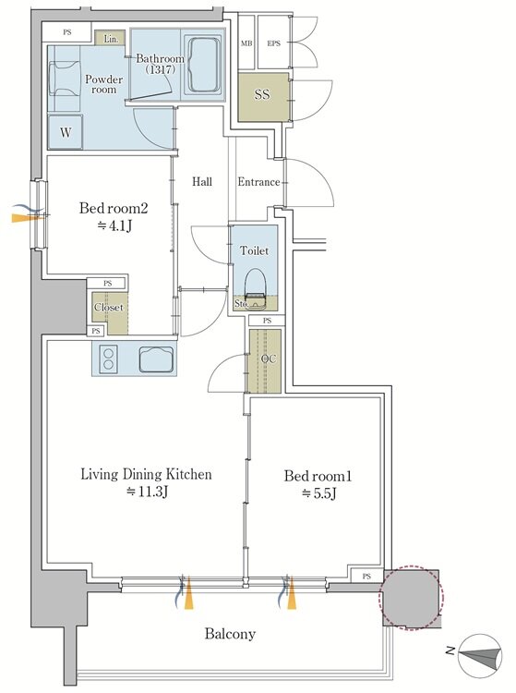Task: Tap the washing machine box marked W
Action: tap(66, 132)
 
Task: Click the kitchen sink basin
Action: tap(156, 359)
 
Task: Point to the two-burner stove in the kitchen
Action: tap(108, 359)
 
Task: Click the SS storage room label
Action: tap(262, 94)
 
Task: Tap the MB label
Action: tap(246, 43)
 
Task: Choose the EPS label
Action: tap(273, 43)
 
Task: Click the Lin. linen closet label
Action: tap(112, 39)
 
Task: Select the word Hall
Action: tap(202, 181)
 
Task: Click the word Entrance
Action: tap(258, 182)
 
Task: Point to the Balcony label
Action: tap(230, 634)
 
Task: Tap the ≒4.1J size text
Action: tap(114, 225)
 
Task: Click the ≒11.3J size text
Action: tap(147, 492)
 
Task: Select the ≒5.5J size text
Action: tap(318, 493)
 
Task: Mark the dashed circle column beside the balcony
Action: tap(412, 597)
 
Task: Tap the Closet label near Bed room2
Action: tap(109, 307)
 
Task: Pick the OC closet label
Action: tap(269, 359)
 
